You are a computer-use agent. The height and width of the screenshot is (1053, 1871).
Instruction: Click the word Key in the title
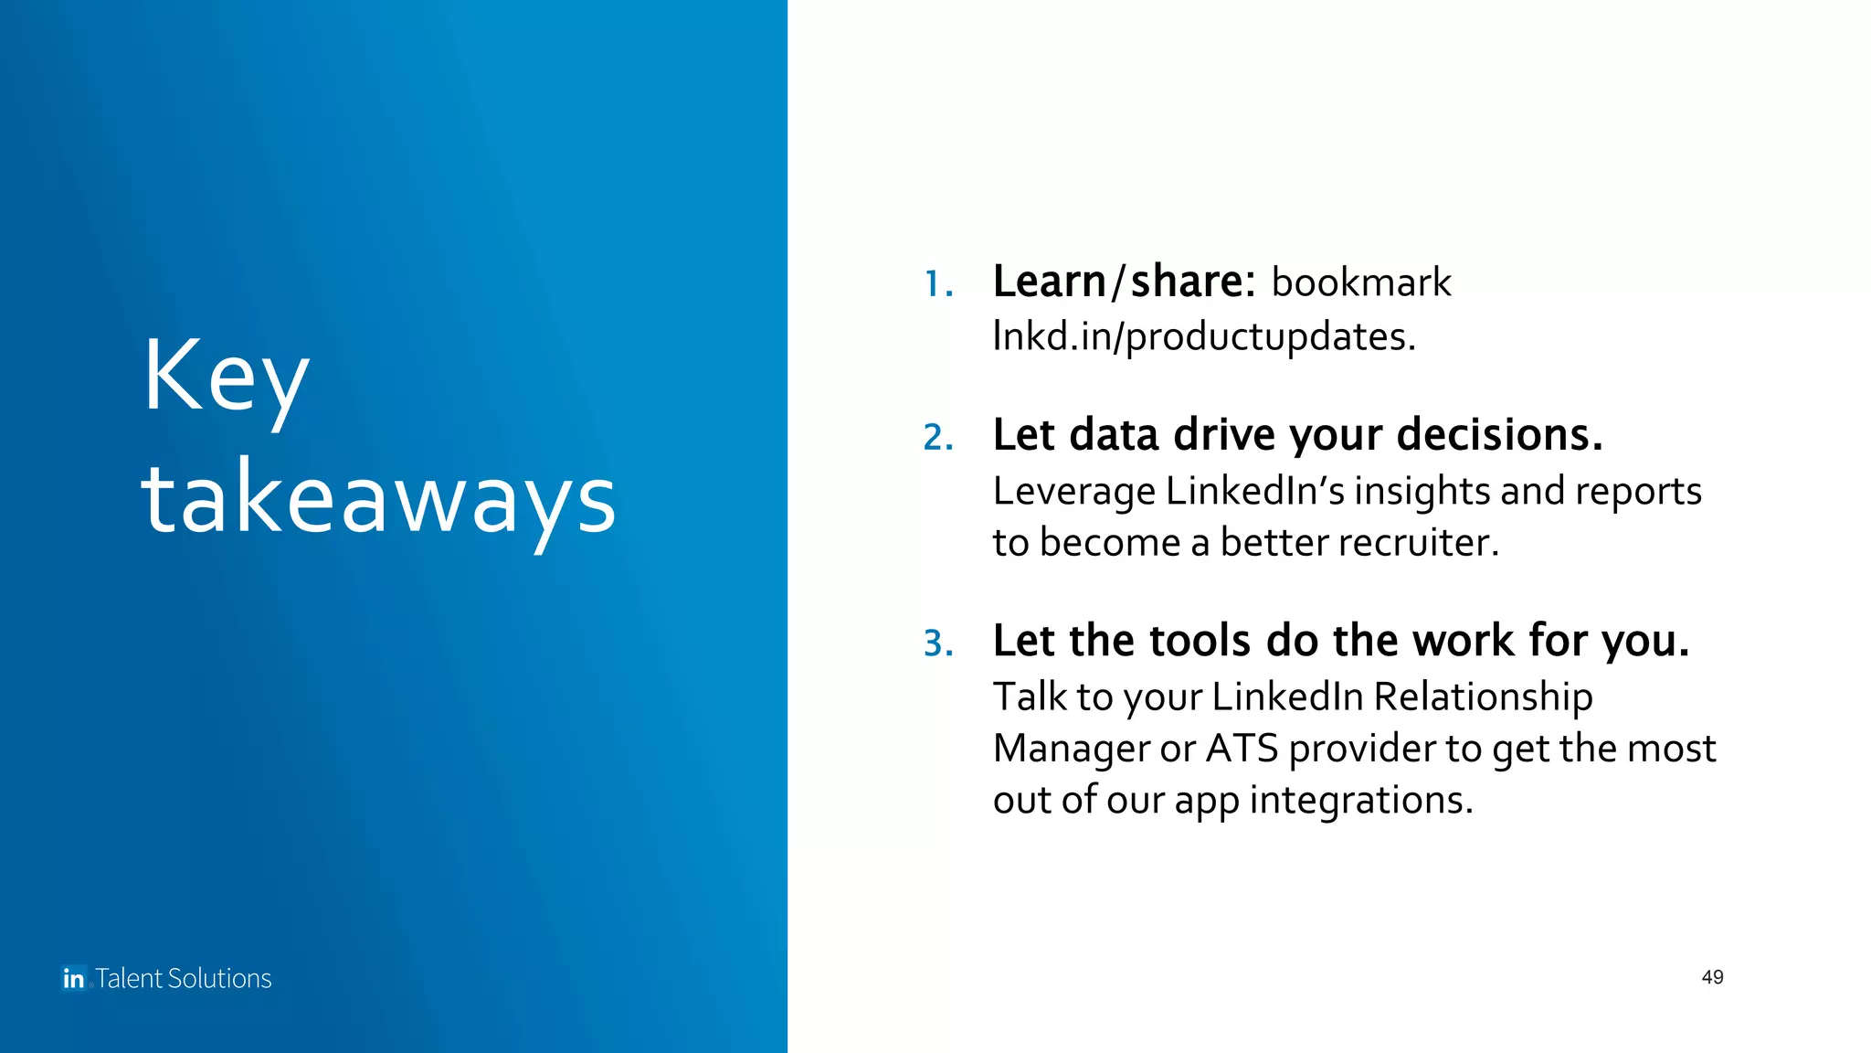click(x=226, y=377)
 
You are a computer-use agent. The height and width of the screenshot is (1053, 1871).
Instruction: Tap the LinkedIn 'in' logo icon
click(x=74, y=978)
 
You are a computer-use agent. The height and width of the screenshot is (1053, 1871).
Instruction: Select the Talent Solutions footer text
click(x=184, y=978)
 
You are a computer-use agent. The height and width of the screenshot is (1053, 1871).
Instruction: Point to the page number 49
click(x=1712, y=977)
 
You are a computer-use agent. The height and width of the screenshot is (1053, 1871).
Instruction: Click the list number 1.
click(x=937, y=284)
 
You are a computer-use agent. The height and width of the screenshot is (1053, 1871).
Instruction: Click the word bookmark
click(x=1361, y=282)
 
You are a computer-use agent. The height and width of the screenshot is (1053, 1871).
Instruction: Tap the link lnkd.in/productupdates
click(x=1204, y=336)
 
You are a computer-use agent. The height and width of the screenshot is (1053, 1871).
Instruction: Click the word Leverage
click(x=1074, y=492)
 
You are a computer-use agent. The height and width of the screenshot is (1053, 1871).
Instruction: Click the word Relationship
click(x=1483, y=697)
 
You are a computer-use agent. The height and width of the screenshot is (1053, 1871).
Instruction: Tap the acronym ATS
click(x=1242, y=749)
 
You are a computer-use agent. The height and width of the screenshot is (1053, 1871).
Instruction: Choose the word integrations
click(x=1360, y=801)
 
